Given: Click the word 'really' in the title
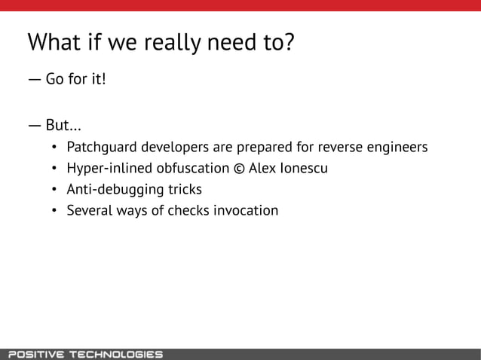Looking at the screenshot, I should (x=159, y=43).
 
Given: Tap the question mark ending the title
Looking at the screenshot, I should (x=288, y=41).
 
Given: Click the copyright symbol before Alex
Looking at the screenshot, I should (x=239, y=167).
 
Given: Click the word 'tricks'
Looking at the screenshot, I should (x=183, y=189).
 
